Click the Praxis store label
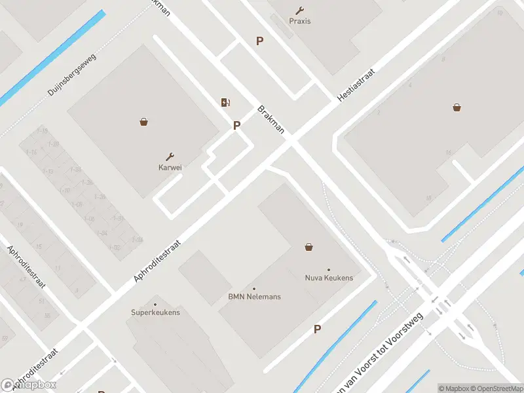pyautogui.click(x=300, y=21)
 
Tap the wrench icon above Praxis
pyautogui.click(x=300, y=10)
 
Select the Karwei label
pyautogui.click(x=170, y=167)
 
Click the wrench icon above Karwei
pyautogui.click(x=170, y=157)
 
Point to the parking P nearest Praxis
pyautogui.click(x=260, y=41)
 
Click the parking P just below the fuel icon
pyautogui.click(x=237, y=125)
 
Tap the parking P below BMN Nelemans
pyautogui.click(x=318, y=329)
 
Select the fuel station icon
pyautogui.click(x=225, y=102)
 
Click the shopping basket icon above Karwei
pyautogui.click(x=143, y=121)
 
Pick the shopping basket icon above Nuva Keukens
pyautogui.click(x=309, y=247)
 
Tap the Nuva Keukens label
pyautogui.click(x=329, y=278)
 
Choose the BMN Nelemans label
pyautogui.click(x=254, y=297)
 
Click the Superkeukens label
pyautogui.click(x=155, y=312)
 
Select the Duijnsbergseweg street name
pyautogui.click(x=72, y=76)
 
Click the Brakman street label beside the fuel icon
pyautogui.click(x=271, y=119)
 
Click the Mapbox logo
pyautogui.click(x=29, y=385)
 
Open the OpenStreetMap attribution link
pyautogui.click(x=498, y=388)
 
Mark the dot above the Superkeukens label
pyautogui.click(x=155, y=305)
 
